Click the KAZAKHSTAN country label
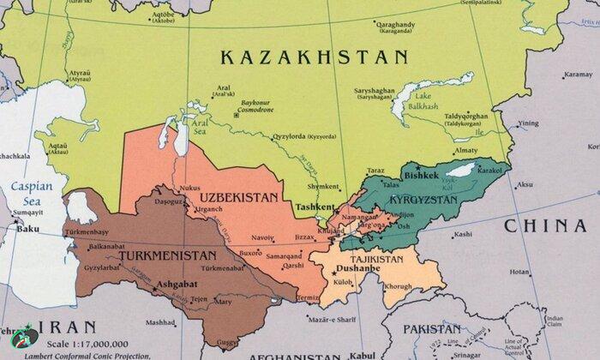313,58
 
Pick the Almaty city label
465,150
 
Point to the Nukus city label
189,188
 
